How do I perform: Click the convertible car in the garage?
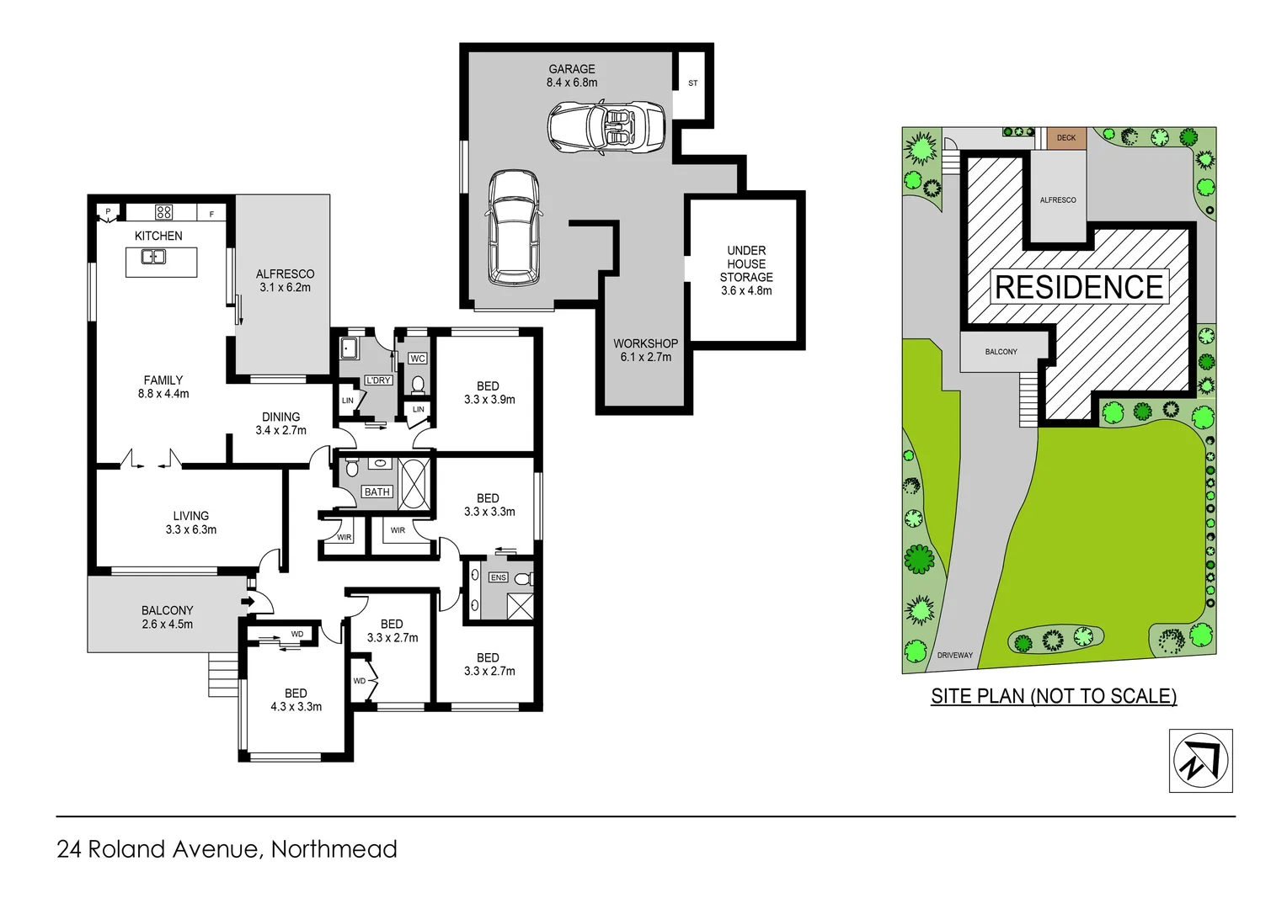point(606,127)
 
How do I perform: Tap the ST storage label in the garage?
point(692,83)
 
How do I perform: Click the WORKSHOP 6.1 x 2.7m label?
point(645,350)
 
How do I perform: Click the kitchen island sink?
point(153,257)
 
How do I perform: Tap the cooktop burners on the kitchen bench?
point(163,212)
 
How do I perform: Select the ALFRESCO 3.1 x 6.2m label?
point(285,280)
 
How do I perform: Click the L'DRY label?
point(378,380)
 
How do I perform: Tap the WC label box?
point(417,359)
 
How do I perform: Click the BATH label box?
point(376,492)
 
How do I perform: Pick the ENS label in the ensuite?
point(498,577)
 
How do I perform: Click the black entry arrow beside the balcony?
point(247,601)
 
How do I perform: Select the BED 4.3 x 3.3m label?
point(296,700)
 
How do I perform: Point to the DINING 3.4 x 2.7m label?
point(280,423)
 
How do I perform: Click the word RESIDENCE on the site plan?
point(1079,288)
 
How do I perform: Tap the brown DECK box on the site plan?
point(1065,138)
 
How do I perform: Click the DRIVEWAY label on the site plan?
point(954,655)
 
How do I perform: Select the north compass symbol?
point(1200,761)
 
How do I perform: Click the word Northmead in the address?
point(334,849)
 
